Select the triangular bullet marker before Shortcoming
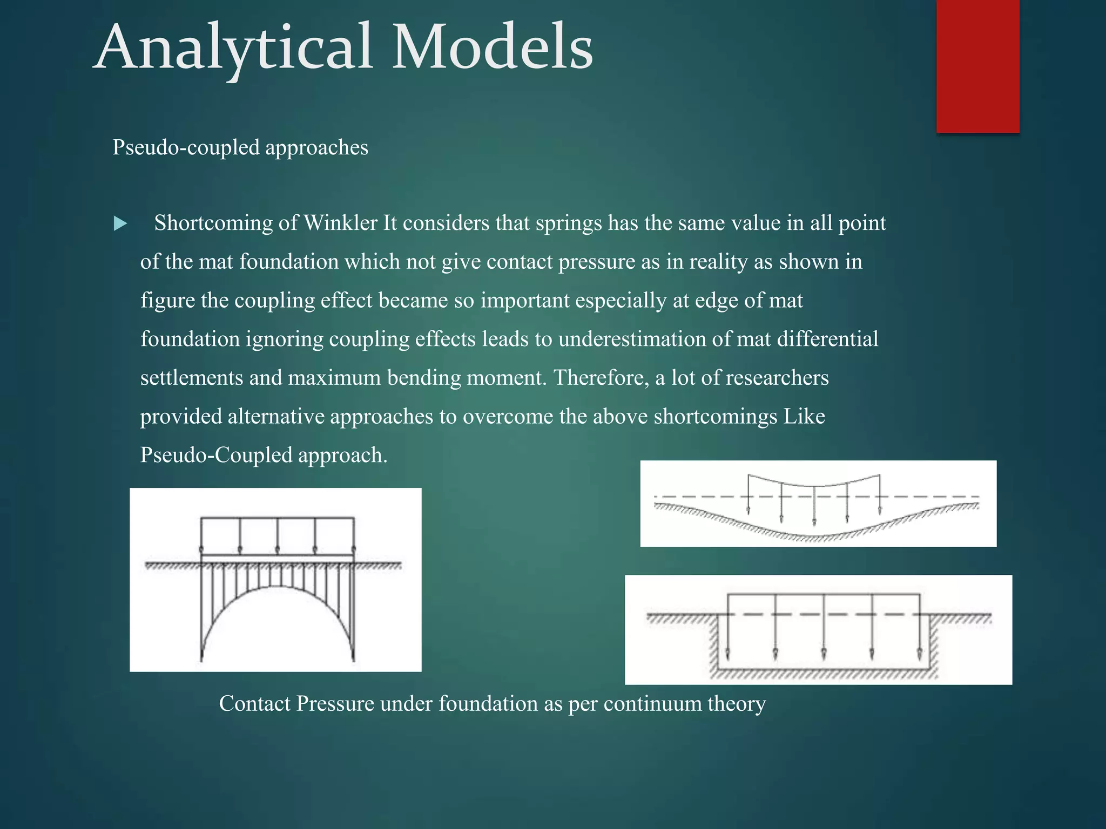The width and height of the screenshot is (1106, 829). [120, 223]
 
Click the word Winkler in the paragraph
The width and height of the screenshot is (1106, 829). [340, 223]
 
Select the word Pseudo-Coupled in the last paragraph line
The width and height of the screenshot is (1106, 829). [216, 455]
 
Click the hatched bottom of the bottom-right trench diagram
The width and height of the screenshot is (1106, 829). [824, 674]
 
